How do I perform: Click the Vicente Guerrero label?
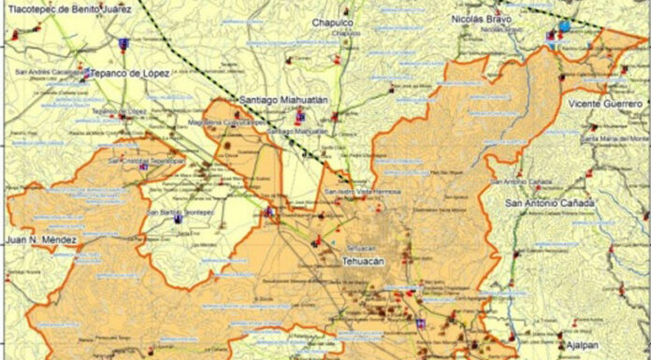(605, 103)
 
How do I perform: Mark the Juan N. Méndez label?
(41, 240)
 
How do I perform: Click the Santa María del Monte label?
(614, 138)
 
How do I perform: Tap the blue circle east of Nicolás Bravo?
(565, 26)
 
